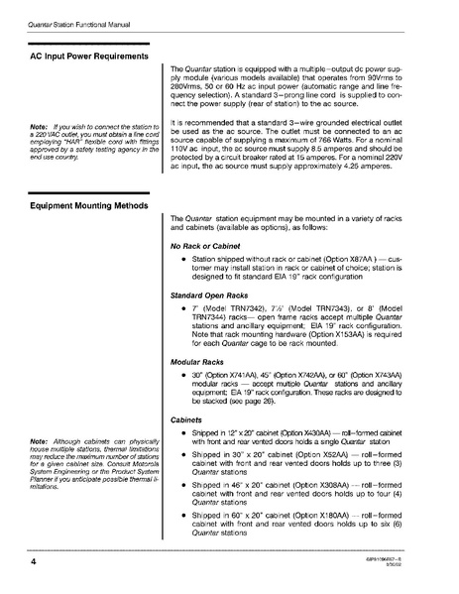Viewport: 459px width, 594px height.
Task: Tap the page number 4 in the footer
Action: point(20,561)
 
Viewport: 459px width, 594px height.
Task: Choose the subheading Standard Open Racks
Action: point(216,296)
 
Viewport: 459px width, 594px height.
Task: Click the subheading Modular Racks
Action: point(201,366)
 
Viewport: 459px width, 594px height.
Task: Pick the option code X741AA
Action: point(254,379)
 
